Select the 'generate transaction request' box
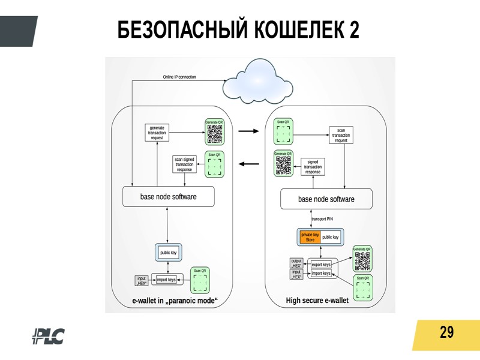point(157,133)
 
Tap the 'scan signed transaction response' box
point(184,164)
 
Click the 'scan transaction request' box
point(341,135)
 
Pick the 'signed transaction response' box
point(313,166)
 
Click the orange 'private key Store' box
point(310,237)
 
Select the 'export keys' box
point(321,265)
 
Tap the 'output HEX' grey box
point(296,263)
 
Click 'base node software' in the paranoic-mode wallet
point(168,197)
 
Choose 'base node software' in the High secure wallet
point(326,199)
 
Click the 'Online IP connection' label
point(179,77)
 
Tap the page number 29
point(446,332)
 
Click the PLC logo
point(48,337)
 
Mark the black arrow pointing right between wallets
point(248,130)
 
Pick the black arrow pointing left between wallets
point(248,163)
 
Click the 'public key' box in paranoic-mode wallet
point(168,253)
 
